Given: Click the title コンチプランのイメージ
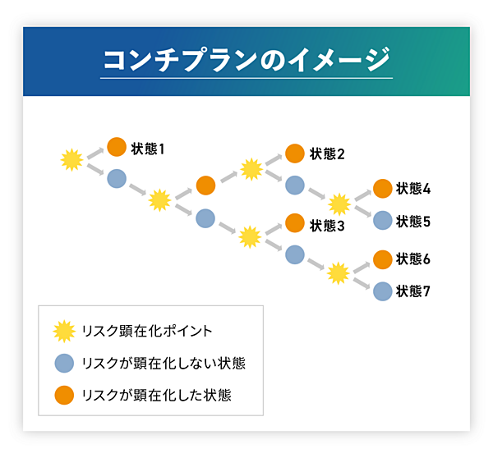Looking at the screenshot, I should [x=246, y=61].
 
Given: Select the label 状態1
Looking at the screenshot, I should [x=148, y=149].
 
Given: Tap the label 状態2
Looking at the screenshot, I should [x=327, y=153].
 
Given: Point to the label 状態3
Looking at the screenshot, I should [x=327, y=224].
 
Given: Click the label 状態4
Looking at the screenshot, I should [x=413, y=189].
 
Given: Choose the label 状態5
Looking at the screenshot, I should [x=413, y=221].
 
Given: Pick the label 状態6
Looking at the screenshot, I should [x=413, y=259].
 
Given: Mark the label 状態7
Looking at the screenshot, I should [x=413, y=291].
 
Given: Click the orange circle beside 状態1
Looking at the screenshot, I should [x=117, y=148].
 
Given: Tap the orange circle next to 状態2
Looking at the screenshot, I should [x=295, y=153].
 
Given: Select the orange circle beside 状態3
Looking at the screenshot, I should [x=295, y=223].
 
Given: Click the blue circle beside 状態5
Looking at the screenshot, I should [x=382, y=220].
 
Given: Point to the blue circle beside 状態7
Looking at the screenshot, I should [x=382, y=291].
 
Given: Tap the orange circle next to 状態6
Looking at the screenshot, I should [x=382, y=259].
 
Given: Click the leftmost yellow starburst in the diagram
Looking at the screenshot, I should [x=72, y=159].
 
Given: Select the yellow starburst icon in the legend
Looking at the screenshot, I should [x=63, y=331].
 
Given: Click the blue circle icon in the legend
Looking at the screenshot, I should [x=63, y=363].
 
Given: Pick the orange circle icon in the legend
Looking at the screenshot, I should [x=63, y=395].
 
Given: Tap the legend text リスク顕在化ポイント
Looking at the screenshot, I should [x=147, y=331].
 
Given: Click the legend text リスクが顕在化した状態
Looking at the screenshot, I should [x=156, y=395].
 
